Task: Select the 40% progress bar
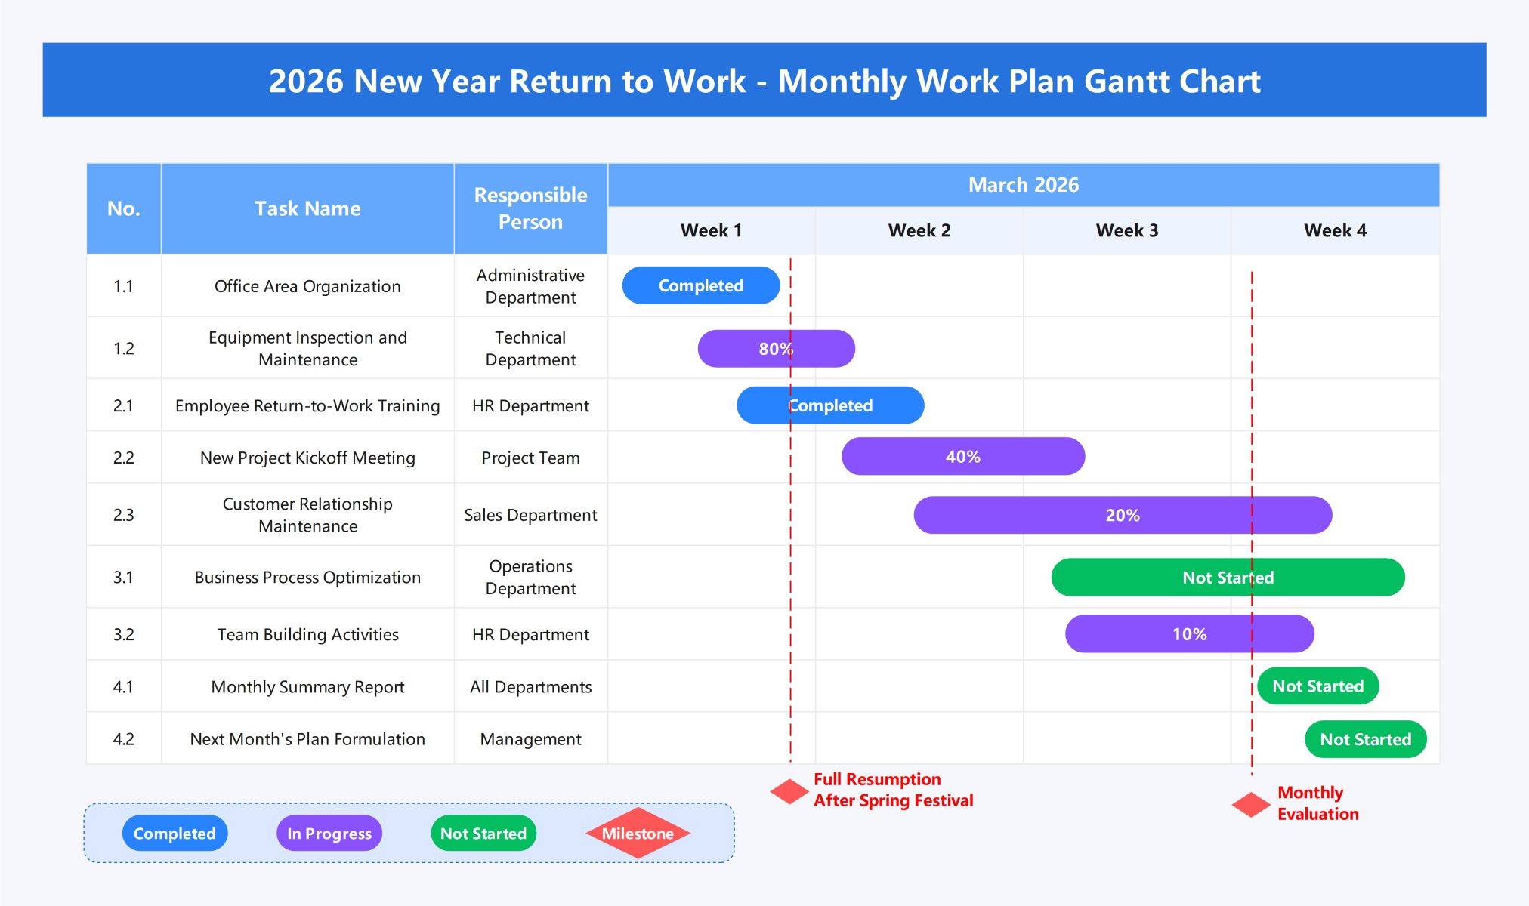pos(962,457)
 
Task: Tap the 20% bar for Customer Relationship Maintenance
pos(1122,516)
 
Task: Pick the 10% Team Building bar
pos(1189,634)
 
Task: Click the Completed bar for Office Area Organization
pos(700,285)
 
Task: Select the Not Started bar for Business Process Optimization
pos(1228,578)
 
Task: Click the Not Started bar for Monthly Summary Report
pos(1317,686)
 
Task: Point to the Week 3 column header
pos(1126,230)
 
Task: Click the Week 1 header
pos(711,230)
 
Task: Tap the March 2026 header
pos(1023,185)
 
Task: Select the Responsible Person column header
pos(530,208)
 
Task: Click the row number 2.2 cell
pos(123,458)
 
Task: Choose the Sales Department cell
pos(530,516)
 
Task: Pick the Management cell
pos(530,739)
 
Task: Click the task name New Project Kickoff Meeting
pos(307,458)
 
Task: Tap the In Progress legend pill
pos(329,834)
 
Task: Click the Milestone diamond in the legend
pos(638,834)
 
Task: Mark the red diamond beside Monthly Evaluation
pos(1251,805)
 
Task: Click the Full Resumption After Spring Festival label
pos(893,790)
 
